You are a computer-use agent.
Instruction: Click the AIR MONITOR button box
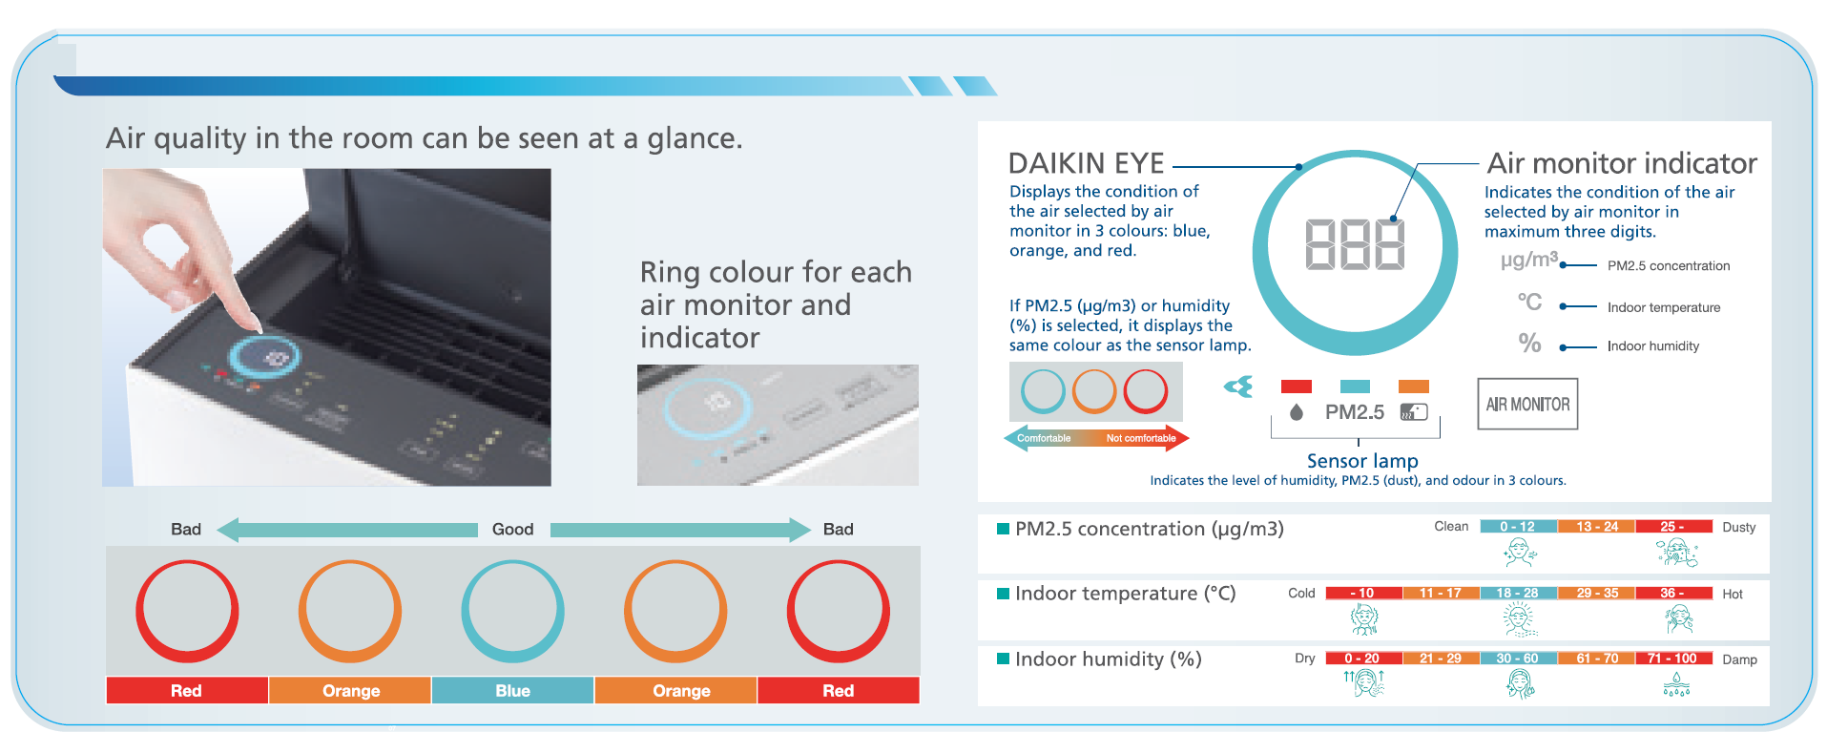pos(1526,405)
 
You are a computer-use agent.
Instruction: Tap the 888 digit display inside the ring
pos(1354,245)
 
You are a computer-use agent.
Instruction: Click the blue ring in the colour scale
pos(512,611)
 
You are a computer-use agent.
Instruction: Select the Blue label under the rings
pos(512,690)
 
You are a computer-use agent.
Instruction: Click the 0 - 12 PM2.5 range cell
pos(1517,527)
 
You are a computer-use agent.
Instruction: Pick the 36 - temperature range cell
pos(1672,593)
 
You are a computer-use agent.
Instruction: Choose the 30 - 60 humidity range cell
pos(1517,659)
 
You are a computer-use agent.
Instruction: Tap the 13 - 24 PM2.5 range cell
pos(1596,527)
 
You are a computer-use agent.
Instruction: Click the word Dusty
pos(1738,527)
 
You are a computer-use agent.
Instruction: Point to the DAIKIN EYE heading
pos(1086,163)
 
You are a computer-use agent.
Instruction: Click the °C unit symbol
pos(1529,303)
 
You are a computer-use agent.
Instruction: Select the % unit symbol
pos(1529,343)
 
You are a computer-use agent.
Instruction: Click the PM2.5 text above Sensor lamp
pos(1354,412)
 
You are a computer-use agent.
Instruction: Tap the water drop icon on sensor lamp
pos(1296,412)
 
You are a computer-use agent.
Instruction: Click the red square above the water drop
pos(1296,387)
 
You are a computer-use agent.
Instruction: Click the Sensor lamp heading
pos(1361,461)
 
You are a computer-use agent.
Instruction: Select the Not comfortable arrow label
pos(1140,439)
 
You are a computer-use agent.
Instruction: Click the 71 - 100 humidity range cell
pos(1672,659)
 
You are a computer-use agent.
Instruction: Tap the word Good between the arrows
pos(512,530)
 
